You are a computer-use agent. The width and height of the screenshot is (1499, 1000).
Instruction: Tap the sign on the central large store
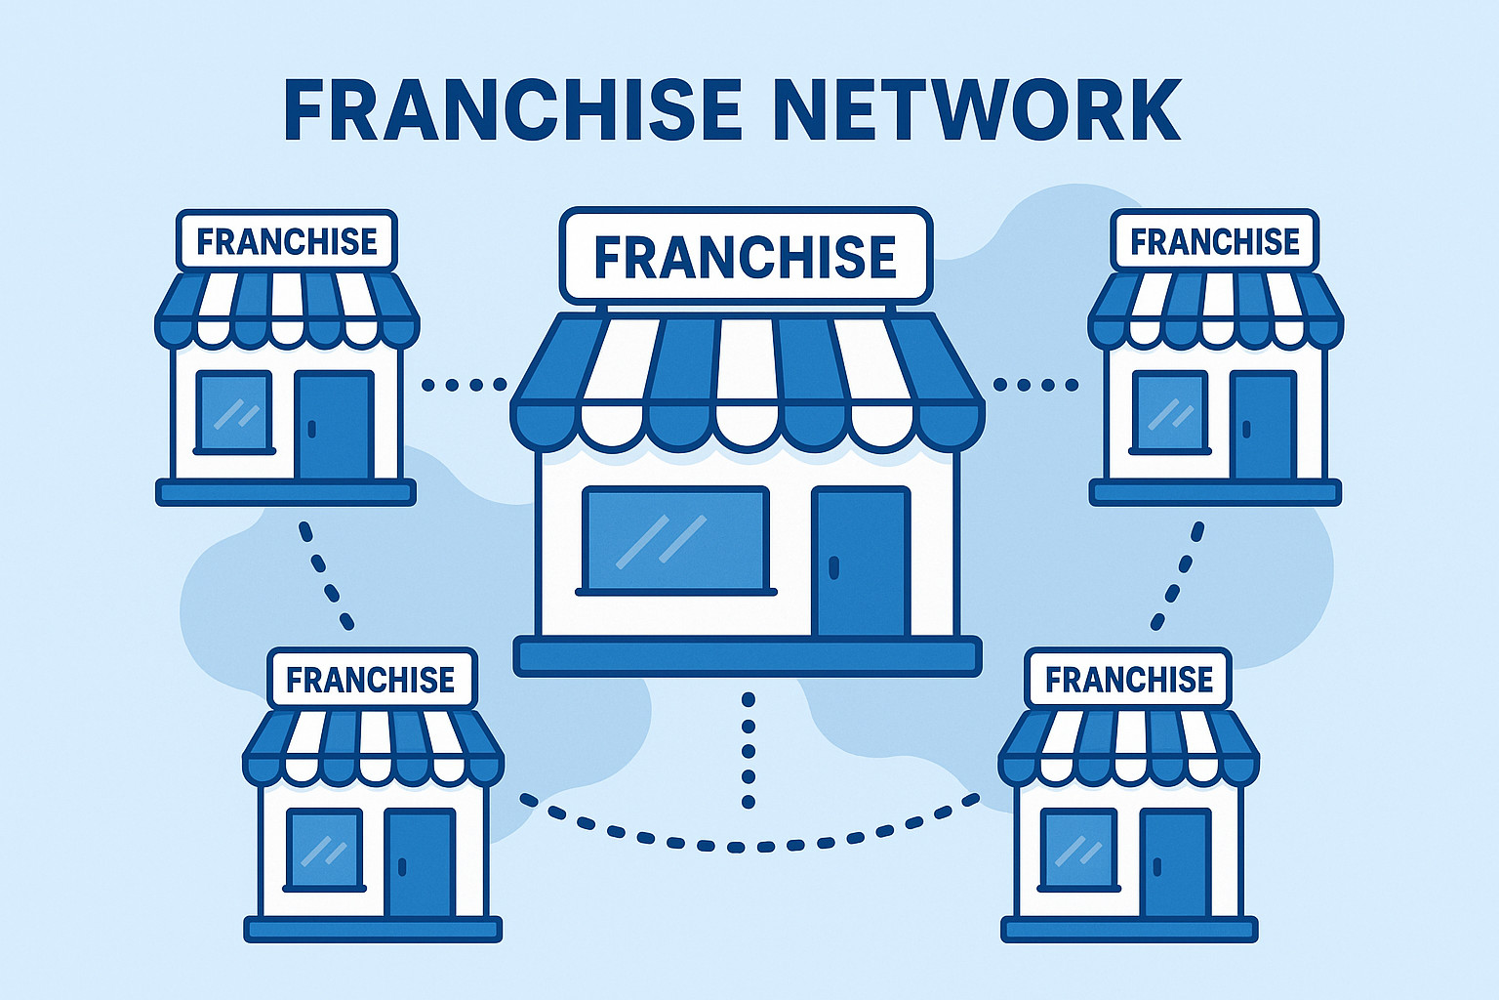[x=746, y=256]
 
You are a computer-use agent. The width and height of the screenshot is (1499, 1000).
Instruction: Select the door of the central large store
[x=861, y=562]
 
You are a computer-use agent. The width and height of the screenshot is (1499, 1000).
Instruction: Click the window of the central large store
[x=675, y=540]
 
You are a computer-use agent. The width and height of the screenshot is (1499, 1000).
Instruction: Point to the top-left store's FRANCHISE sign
[x=287, y=240]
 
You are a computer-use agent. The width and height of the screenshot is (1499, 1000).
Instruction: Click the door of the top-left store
[x=334, y=426]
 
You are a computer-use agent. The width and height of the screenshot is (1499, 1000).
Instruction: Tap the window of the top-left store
[x=234, y=412]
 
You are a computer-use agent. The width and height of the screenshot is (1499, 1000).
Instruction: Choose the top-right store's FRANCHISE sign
[x=1215, y=240]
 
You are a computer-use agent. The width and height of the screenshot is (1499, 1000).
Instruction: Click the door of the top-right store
[x=1263, y=426]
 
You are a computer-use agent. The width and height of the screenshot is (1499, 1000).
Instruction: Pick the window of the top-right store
[x=1170, y=412]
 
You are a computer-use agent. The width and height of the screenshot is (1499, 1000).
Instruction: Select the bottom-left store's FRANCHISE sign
[x=371, y=679]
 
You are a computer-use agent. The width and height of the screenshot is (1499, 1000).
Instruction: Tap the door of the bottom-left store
[x=420, y=863]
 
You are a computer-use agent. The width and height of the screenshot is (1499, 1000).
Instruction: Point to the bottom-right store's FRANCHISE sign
[x=1129, y=679]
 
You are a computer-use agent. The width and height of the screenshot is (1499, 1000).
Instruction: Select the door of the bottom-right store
[x=1176, y=863]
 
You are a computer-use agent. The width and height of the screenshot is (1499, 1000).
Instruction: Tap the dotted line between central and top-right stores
[x=1035, y=385]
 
